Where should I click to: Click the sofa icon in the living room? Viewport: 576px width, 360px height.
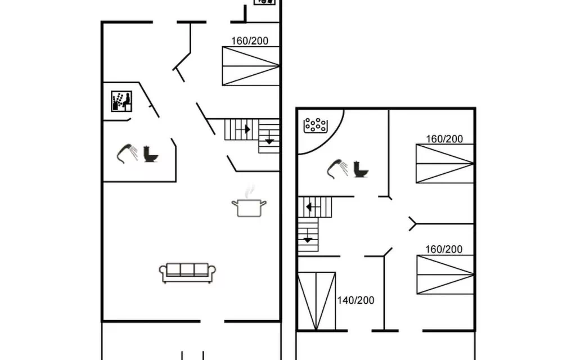tap(187, 273)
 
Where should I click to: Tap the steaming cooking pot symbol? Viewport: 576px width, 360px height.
tap(249, 204)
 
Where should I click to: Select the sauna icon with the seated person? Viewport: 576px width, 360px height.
tap(121, 101)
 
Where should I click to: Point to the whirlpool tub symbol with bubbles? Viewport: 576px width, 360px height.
tap(316, 125)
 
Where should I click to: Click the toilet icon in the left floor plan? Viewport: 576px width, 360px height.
tap(151, 154)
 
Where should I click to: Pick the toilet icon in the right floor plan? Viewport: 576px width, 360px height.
tap(361, 169)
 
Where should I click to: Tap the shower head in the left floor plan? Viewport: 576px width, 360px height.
tap(127, 153)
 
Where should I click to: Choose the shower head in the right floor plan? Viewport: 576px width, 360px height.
tap(337, 169)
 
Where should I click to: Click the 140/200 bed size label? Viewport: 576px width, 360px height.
tap(355, 300)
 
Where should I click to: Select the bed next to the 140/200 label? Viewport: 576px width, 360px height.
tap(316, 301)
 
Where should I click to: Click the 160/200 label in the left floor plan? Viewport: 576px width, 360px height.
tap(250, 40)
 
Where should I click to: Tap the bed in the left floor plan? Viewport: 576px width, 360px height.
tap(251, 66)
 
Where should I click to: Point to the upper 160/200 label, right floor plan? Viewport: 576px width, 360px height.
tap(444, 139)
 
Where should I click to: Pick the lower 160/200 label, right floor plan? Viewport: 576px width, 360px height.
tap(444, 249)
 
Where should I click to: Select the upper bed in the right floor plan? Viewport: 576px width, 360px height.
tap(445, 164)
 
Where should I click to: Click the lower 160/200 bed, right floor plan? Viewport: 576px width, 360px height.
tap(445, 274)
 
